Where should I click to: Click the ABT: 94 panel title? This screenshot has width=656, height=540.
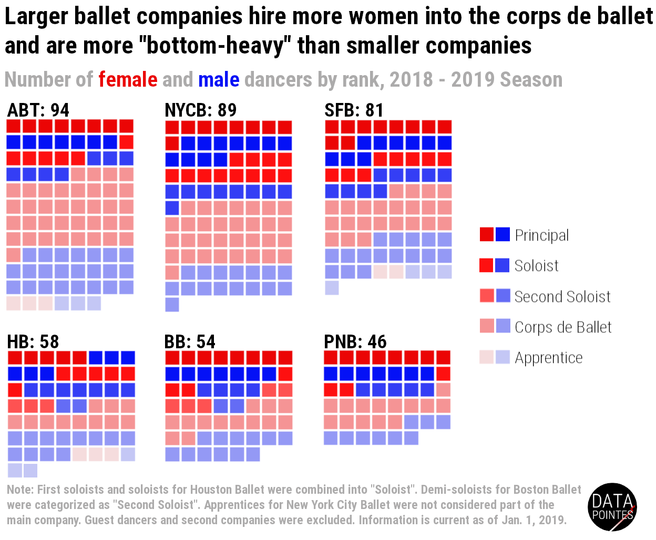pyautogui.click(x=38, y=110)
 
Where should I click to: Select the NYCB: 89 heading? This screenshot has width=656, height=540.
pyautogui.click(x=200, y=110)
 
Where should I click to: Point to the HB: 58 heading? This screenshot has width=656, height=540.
pyautogui.click(x=33, y=341)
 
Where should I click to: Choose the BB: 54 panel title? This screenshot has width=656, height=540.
pyautogui.click(x=190, y=341)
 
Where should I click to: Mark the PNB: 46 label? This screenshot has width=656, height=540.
pyautogui.click(x=355, y=341)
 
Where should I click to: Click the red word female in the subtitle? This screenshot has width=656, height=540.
pyautogui.click(x=128, y=80)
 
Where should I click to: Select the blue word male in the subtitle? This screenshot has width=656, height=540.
pyautogui.click(x=219, y=80)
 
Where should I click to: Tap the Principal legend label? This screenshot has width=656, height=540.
pyautogui.click(x=541, y=235)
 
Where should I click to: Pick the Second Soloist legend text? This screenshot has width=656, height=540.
pyautogui.click(x=562, y=297)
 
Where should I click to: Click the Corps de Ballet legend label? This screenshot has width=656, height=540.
pyautogui.click(x=563, y=327)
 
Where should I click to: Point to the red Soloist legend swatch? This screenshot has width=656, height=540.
pyautogui.click(x=487, y=265)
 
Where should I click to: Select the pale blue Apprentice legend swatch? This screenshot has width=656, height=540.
pyautogui.click(x=503, y=357)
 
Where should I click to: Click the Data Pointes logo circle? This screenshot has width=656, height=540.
pyautogui.click(x=612, y=507)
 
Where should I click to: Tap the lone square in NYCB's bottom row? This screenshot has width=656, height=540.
pyautogui.click(x=172, y=305)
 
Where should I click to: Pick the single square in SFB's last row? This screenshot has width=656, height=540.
pyautogui.click(x=332, y=288)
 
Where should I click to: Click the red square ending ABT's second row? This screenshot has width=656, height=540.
pyautogui.click(x=126, y=142)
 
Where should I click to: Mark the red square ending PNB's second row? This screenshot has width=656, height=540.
pyautogui.click(x=443, y=374)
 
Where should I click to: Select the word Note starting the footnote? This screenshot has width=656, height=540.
pyautogui.click(x=20, y=490)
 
